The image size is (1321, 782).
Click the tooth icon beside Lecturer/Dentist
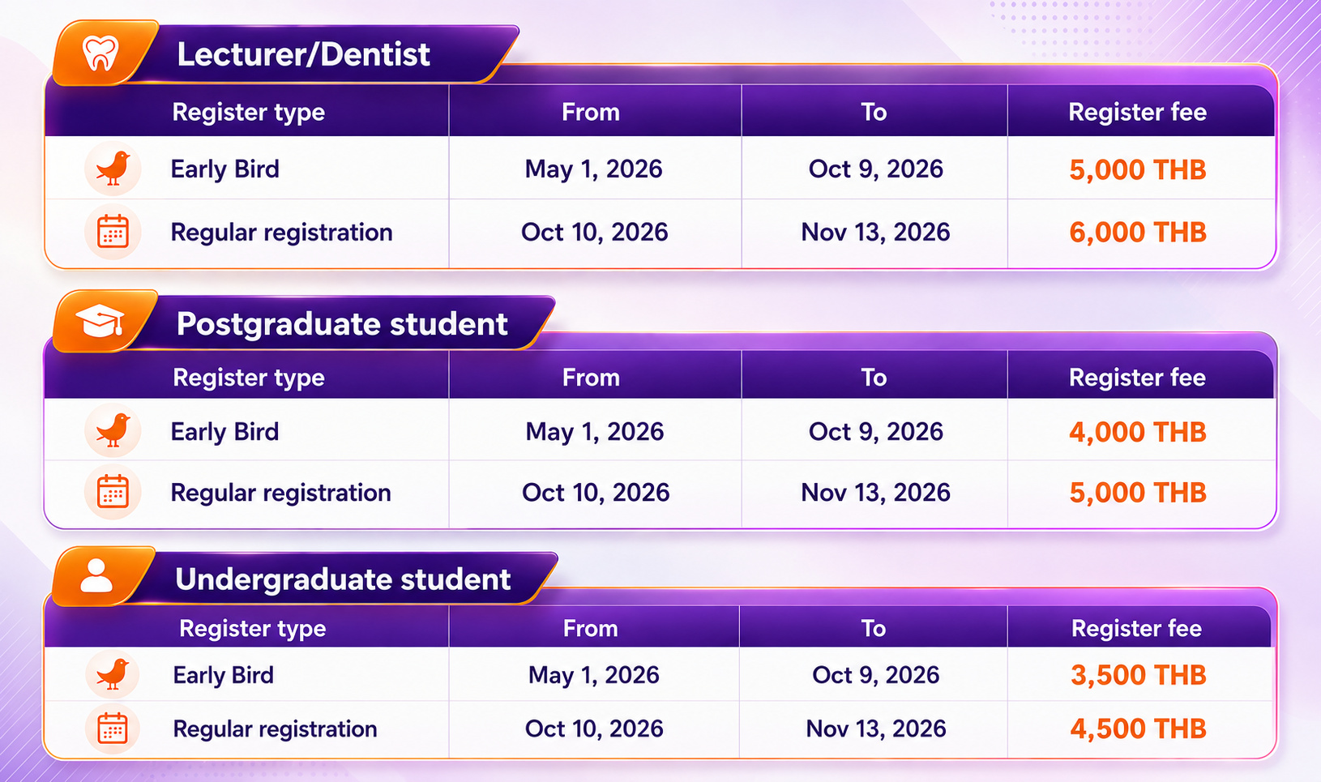[x=100, y=53]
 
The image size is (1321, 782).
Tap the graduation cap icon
[x=100, y=321]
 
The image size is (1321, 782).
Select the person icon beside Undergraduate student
[x=96, y=575]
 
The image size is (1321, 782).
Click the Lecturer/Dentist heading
[x=303, y=54]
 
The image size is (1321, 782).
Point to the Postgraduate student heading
[x=342, y=324]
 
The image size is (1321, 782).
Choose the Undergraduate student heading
[x=343, y=579]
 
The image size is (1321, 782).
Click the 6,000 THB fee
[x=1138, y=233]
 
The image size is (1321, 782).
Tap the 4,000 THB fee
[x=1138, y=432]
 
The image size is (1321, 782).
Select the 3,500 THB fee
[x=1138, y=675]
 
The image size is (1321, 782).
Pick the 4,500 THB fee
[x=1138, y=729]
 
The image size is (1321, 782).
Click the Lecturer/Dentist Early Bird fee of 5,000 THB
[x=1138, y=170]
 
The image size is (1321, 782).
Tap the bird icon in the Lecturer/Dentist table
[x=113, y=169]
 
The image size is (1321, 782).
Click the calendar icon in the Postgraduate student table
[x=113, y=491]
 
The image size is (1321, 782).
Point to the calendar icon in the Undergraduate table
[x=113, y=729]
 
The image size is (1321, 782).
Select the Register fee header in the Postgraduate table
[x=1138, y=378]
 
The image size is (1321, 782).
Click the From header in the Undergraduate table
[x=590, y=629]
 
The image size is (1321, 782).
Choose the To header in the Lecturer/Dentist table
[x=874, y=112]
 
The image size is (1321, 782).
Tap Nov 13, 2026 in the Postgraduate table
[x=875, y=493]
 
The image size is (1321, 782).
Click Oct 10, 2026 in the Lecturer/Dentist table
[x=595, y=233]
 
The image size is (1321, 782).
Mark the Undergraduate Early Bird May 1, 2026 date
[x=593, y=675]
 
